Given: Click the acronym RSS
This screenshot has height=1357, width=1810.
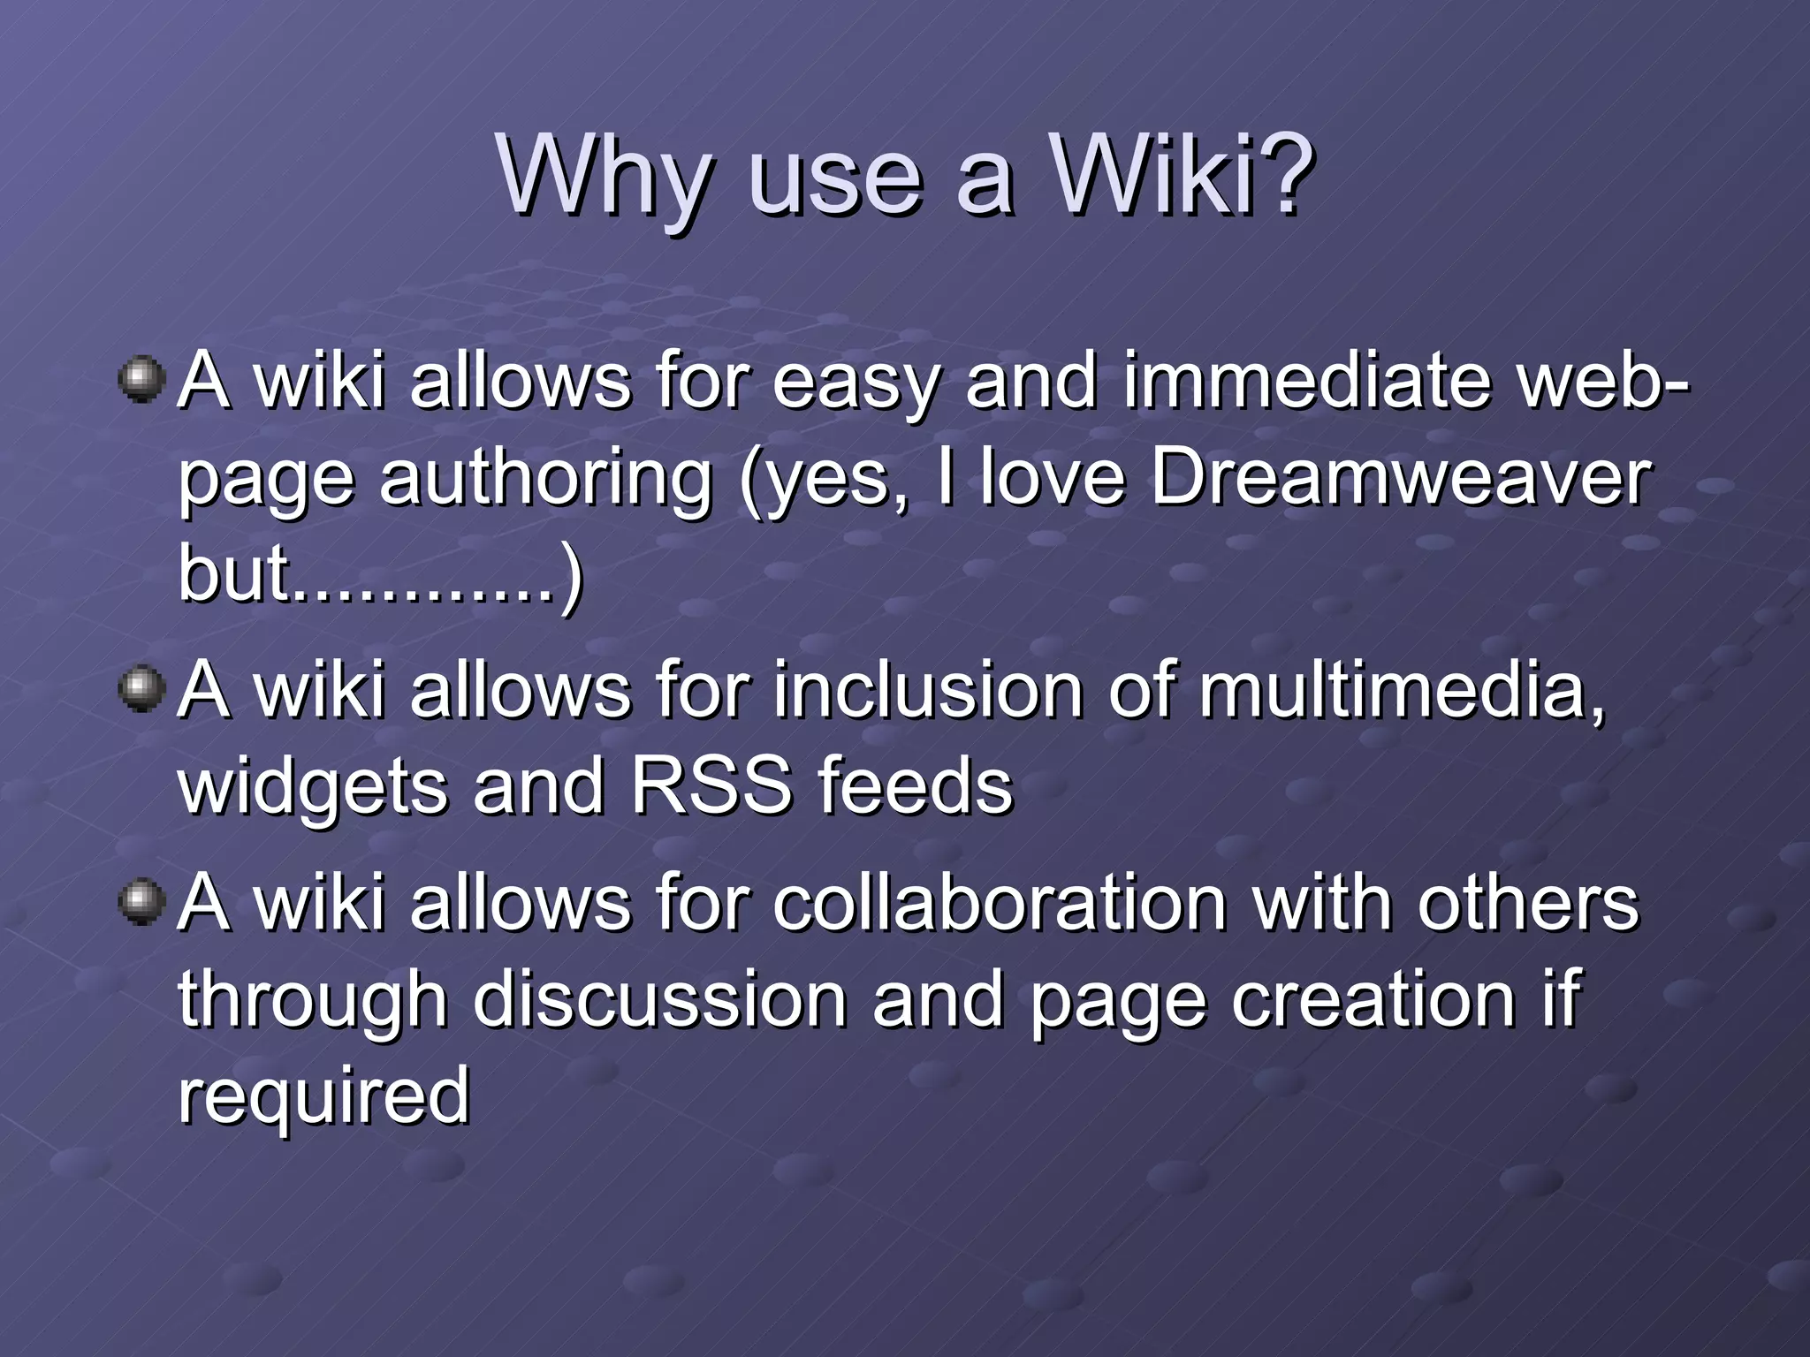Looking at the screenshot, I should (x=711, y=785).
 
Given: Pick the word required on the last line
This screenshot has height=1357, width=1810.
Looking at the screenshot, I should (x=323, y=1095).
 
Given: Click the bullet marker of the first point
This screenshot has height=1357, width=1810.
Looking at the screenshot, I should (x=141, y=381).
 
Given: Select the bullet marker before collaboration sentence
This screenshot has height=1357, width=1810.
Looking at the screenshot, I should (x=141, y=902).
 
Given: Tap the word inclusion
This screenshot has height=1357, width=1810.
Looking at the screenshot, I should (x=928, y=690).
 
